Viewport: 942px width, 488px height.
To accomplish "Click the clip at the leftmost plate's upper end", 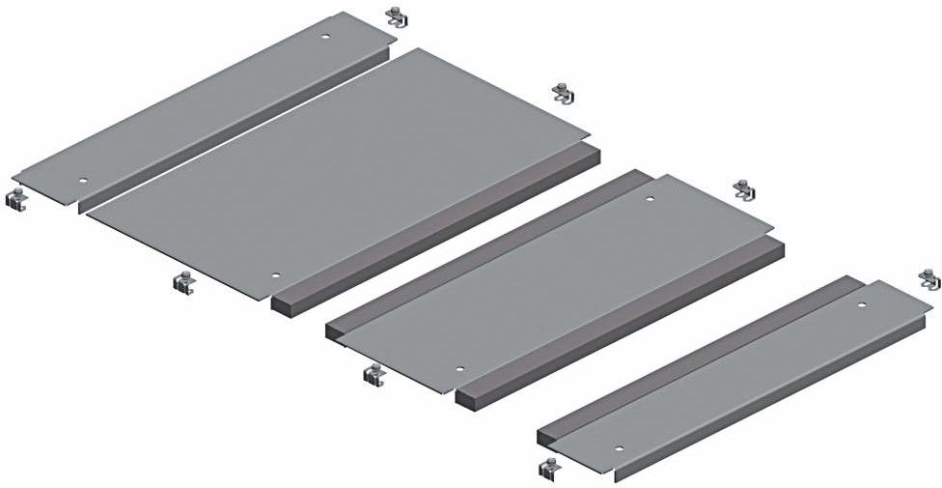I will coord(398,16).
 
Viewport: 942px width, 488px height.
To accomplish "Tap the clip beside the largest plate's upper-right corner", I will coord(565,93).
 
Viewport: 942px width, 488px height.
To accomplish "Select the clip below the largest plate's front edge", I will coord(184,281).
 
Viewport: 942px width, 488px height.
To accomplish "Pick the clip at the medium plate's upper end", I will coord(744,189).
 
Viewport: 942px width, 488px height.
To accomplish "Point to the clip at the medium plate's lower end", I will coord(374,373).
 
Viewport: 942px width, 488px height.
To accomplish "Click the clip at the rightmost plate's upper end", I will coord(929,279).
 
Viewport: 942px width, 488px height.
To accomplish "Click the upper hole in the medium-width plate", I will coord(650,200).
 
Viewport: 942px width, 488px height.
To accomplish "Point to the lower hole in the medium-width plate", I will coord(459,369).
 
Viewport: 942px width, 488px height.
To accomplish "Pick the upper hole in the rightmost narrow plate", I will coord(864,305).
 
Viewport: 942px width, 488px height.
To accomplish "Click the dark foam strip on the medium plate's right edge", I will coord(618,319).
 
